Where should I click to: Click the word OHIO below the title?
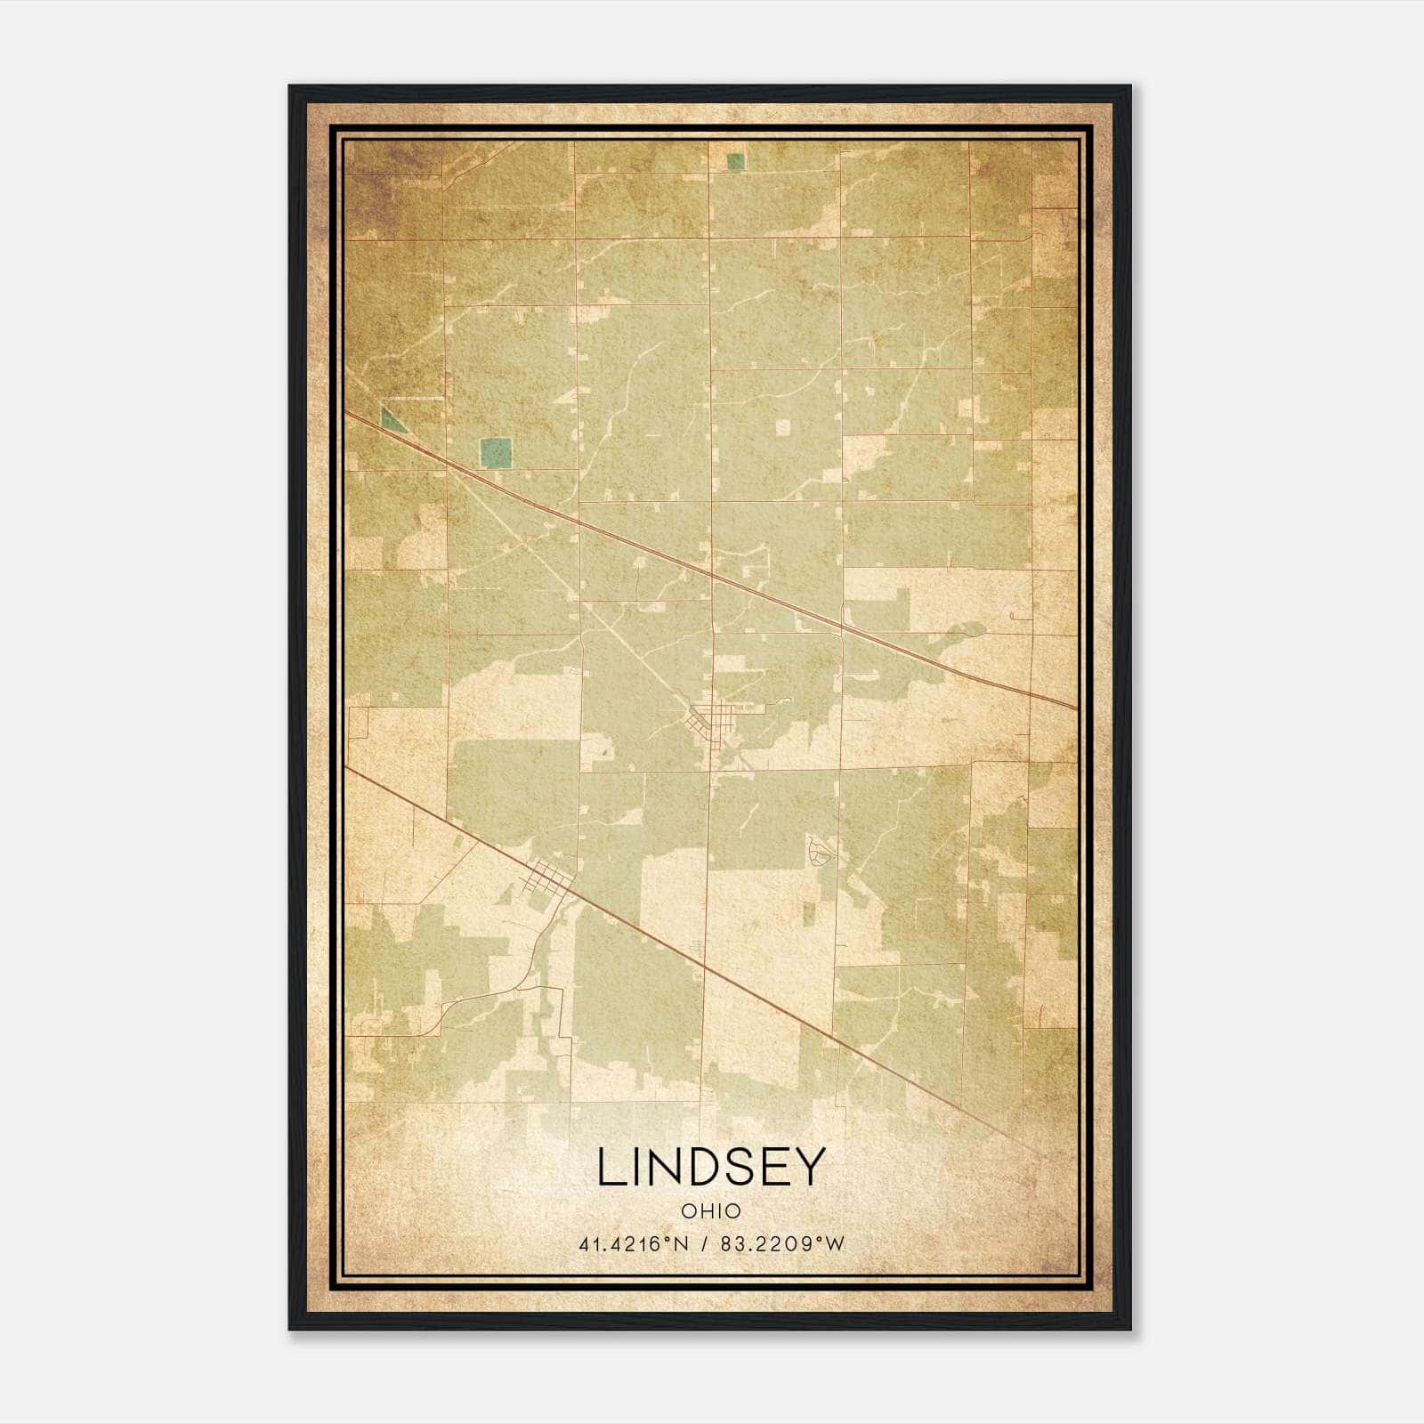[711, 1211]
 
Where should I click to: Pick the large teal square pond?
[496, 453]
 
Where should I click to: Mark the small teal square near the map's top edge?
[735, 161]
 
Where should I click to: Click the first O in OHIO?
[688, 1211]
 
